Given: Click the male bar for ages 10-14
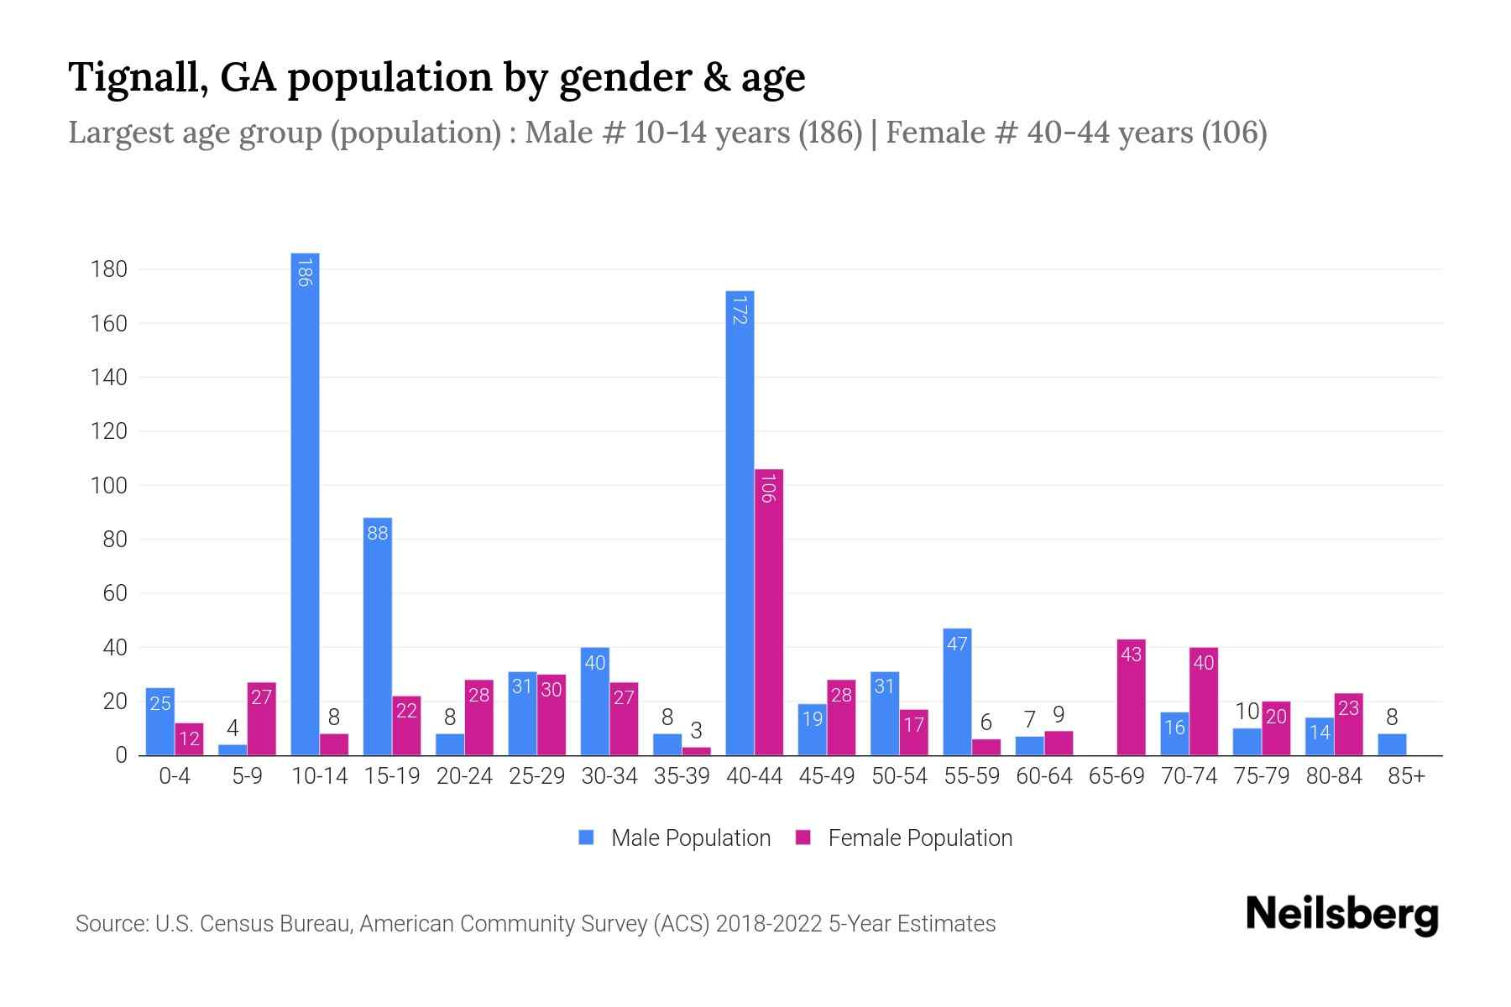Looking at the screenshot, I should pos(305,503).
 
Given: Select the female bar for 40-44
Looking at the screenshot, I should pos(768,613).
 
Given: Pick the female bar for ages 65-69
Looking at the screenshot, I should pos(1131,697).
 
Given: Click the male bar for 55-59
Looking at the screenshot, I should pos(957,692).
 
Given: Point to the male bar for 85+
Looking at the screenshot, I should pos(1392,745).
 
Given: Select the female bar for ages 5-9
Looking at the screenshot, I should pos(261,719).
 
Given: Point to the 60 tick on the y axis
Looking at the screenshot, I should pos(114,593).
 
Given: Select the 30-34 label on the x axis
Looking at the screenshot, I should pos(609,776).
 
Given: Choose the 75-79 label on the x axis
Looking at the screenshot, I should pos(1261,776).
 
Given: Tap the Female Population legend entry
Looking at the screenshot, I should pos(904,838).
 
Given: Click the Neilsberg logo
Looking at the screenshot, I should pos(1341,916).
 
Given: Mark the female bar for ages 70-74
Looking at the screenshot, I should pos(1203,702).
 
